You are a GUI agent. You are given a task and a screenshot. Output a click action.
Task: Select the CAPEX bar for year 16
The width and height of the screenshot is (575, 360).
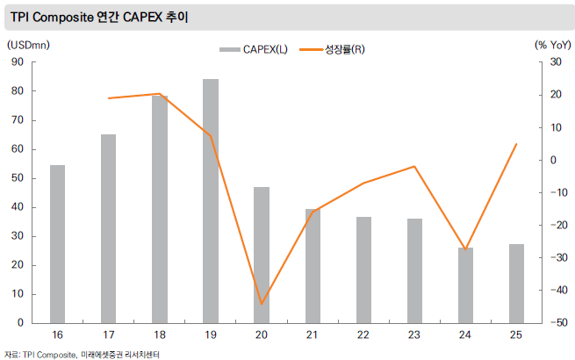(x=57, y=243)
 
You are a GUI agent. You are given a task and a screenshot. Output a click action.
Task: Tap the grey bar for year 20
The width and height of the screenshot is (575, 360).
(x=262, y=255)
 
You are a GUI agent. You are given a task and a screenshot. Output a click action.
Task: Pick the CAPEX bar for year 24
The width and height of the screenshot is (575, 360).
(x=465, y=284)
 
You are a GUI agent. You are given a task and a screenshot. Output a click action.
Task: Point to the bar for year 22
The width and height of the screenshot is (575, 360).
(x=363, y=269)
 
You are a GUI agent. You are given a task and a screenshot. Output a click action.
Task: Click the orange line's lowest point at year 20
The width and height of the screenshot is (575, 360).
(x=262, y=304)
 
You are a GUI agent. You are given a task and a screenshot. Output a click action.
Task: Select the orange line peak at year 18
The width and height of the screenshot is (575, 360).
(x=159, y=94)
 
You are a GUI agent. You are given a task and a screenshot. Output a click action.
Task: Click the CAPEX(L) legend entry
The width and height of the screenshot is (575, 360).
(x=253, y=49)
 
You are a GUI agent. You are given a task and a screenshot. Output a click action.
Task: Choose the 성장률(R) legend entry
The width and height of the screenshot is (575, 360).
(x=333, y=49)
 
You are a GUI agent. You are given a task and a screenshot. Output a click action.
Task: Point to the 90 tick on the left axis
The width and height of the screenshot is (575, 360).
(x=17, y=61)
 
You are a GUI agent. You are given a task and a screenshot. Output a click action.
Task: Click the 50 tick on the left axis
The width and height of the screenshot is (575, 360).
(x=17, y=178)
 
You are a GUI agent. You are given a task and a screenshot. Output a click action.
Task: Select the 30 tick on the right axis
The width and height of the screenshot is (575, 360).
(x=555, y=61)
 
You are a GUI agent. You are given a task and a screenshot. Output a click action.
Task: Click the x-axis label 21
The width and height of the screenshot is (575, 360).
(x=312, y=335)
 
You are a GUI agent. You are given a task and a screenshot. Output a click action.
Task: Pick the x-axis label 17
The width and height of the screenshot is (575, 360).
(x=108, y=335)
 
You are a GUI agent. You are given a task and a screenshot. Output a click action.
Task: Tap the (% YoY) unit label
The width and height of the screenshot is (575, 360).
(x=551, y=43)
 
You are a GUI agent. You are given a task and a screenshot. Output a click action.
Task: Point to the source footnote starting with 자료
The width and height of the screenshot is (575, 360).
(x=83, y=354)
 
